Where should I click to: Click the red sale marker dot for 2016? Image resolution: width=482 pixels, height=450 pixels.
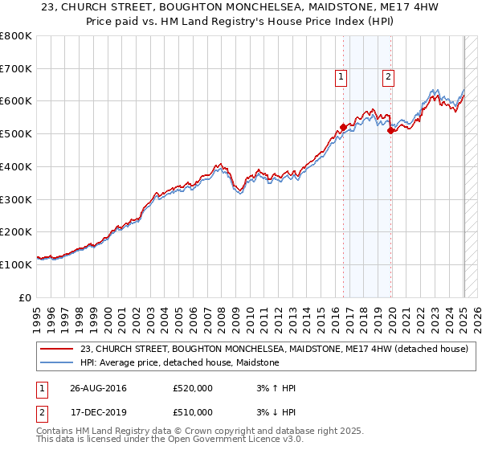[x=343, y=127]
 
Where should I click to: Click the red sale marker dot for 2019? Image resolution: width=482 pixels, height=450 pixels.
[x=390, y=130]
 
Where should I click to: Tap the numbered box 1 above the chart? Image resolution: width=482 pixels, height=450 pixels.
[x=341, y=77]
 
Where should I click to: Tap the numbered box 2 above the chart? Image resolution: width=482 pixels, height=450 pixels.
[x=388, y=77]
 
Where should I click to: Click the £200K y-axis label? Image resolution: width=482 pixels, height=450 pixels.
[x=18, y=231]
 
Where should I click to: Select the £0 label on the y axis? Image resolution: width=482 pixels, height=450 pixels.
[x=26, y=297]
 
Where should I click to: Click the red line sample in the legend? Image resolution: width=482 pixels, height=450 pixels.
[x=56, y=349]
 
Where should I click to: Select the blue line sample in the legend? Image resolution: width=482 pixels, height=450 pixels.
[x=56, y=362]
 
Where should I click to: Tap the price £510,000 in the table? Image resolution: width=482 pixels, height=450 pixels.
[x=193, y=412]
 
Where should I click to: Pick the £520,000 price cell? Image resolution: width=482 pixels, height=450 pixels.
[x=193, y=388]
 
